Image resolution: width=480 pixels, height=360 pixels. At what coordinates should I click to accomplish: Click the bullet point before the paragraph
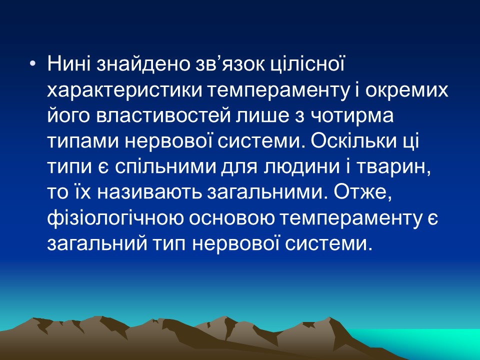pyautogui.click(x=33, y=65)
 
